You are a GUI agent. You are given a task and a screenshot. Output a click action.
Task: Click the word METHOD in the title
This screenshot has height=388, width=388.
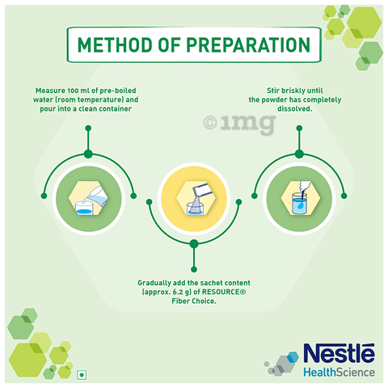(115, 44)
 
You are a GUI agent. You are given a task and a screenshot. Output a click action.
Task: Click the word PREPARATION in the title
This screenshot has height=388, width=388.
(248, 44)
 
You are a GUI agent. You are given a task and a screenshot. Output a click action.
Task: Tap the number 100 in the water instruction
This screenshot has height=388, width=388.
(73, 91)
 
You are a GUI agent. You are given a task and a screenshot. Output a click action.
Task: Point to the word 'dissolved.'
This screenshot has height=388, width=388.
(295, 109)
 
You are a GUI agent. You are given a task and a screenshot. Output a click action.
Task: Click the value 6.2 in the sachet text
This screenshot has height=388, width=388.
(177, 292)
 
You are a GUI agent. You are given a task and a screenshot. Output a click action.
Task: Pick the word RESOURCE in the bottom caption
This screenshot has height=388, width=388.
(224, 292)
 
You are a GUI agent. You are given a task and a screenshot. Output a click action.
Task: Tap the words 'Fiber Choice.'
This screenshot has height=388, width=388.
(194, 302)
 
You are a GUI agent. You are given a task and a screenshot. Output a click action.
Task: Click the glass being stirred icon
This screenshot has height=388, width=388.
(301, 198)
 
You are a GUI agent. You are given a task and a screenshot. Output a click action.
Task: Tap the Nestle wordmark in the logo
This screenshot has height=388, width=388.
(339, 353)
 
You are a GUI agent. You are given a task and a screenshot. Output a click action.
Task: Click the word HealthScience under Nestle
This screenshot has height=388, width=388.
(339, 373)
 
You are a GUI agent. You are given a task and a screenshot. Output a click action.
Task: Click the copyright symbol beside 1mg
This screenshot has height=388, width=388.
(210, 123)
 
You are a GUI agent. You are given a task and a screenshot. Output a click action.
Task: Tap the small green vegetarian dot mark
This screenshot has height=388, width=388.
(82, 375)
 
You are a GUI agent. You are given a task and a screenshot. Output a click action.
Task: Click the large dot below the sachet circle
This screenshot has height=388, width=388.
(194, 244)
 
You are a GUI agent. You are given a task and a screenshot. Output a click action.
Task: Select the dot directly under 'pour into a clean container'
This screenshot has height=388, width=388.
(88, 129)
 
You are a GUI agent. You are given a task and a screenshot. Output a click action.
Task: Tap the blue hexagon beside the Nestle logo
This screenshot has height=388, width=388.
(293, 357)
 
